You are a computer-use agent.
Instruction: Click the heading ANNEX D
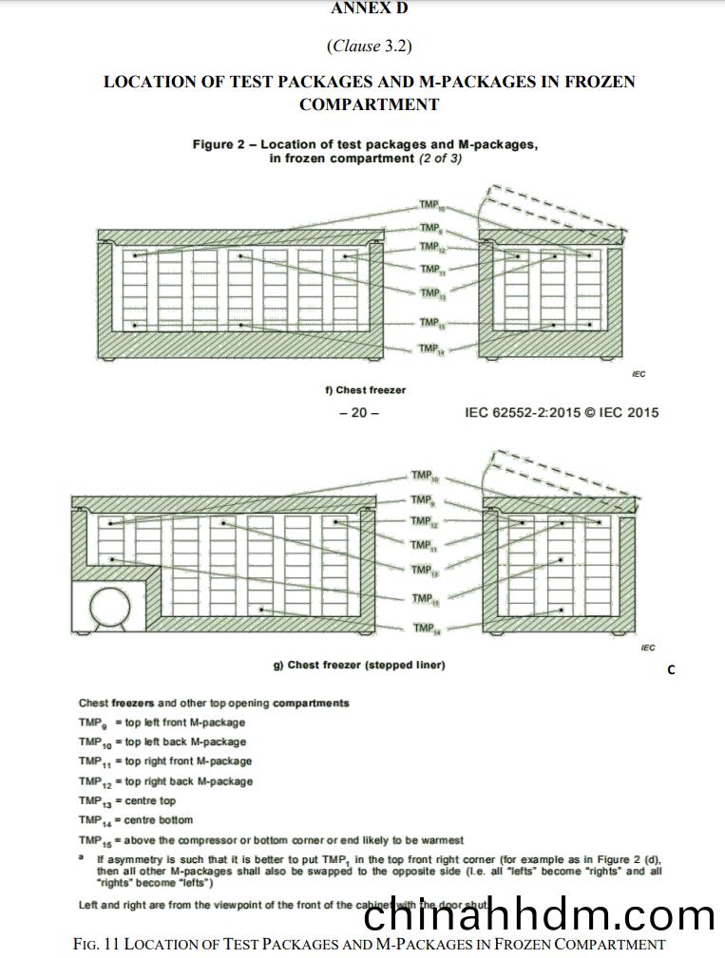pos(369,9)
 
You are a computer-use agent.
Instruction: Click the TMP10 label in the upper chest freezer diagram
pos(431,205)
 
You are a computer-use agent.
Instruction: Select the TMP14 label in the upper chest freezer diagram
pos(430,348)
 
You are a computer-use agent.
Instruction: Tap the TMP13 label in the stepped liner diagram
pos(423,570)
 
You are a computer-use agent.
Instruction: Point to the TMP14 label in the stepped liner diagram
pos(424,629)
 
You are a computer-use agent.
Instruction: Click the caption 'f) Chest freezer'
pos(365,390)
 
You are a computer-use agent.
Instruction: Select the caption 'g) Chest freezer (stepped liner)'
pos(359,666)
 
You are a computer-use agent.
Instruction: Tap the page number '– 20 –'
pos(359,413)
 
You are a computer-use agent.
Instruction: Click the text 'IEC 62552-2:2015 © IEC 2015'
pos(562,413)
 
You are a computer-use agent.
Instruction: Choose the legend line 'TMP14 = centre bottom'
pos(135,820)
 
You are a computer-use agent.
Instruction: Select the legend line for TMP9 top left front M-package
pos(162,723)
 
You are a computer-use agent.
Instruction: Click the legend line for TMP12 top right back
pos(165,781)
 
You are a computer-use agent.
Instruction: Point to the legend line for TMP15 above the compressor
pos(271,840)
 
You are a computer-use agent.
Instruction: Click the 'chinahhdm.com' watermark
pos(539,915)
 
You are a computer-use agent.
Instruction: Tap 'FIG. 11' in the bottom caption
pos(96,945)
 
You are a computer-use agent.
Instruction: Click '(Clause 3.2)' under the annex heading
pos(369,45)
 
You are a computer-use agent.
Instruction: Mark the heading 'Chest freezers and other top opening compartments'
pos(214,704)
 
